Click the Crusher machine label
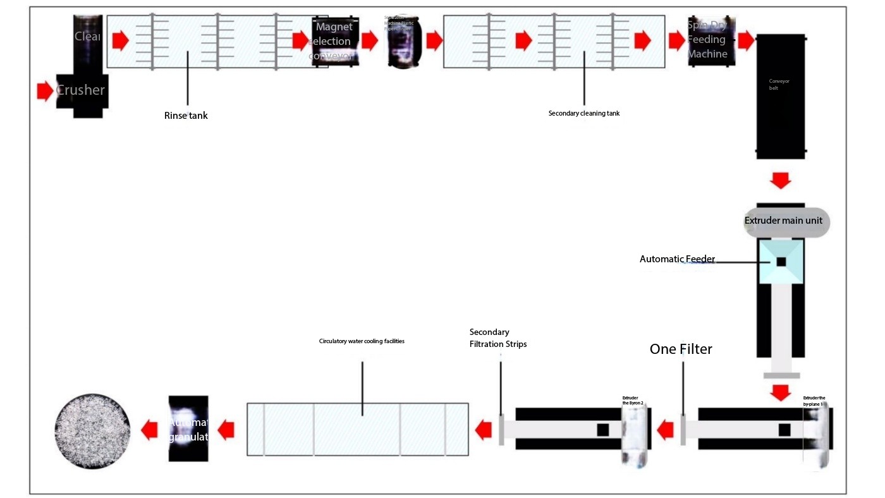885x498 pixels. tap(80, 90)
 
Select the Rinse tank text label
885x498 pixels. tap(186, 116)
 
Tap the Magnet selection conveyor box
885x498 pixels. tap(334, 41)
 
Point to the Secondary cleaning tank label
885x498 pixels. tap(584, 114)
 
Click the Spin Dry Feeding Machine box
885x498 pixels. tap(711, 40)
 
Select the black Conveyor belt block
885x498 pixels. tap(781, 95)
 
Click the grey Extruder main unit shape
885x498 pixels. tap(786, 221)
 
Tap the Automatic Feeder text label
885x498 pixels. tap(677, 259)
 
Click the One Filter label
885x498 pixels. tap(681, 349)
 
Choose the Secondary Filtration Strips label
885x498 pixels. tap(498, 338)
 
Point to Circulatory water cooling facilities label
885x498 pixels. tap(362, 341)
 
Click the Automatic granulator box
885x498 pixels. tap(188, 428)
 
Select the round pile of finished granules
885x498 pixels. tap(92, 429)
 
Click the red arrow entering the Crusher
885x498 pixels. tap(45, 91)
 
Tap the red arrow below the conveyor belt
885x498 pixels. tap(781, 180)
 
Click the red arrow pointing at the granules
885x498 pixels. tap(149, 430)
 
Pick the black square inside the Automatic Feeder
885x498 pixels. tap(781, 262)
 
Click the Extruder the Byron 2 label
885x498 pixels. tap(633, 401)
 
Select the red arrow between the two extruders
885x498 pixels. tap(665, 431)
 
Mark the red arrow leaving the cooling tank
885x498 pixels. tap(226, 431)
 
